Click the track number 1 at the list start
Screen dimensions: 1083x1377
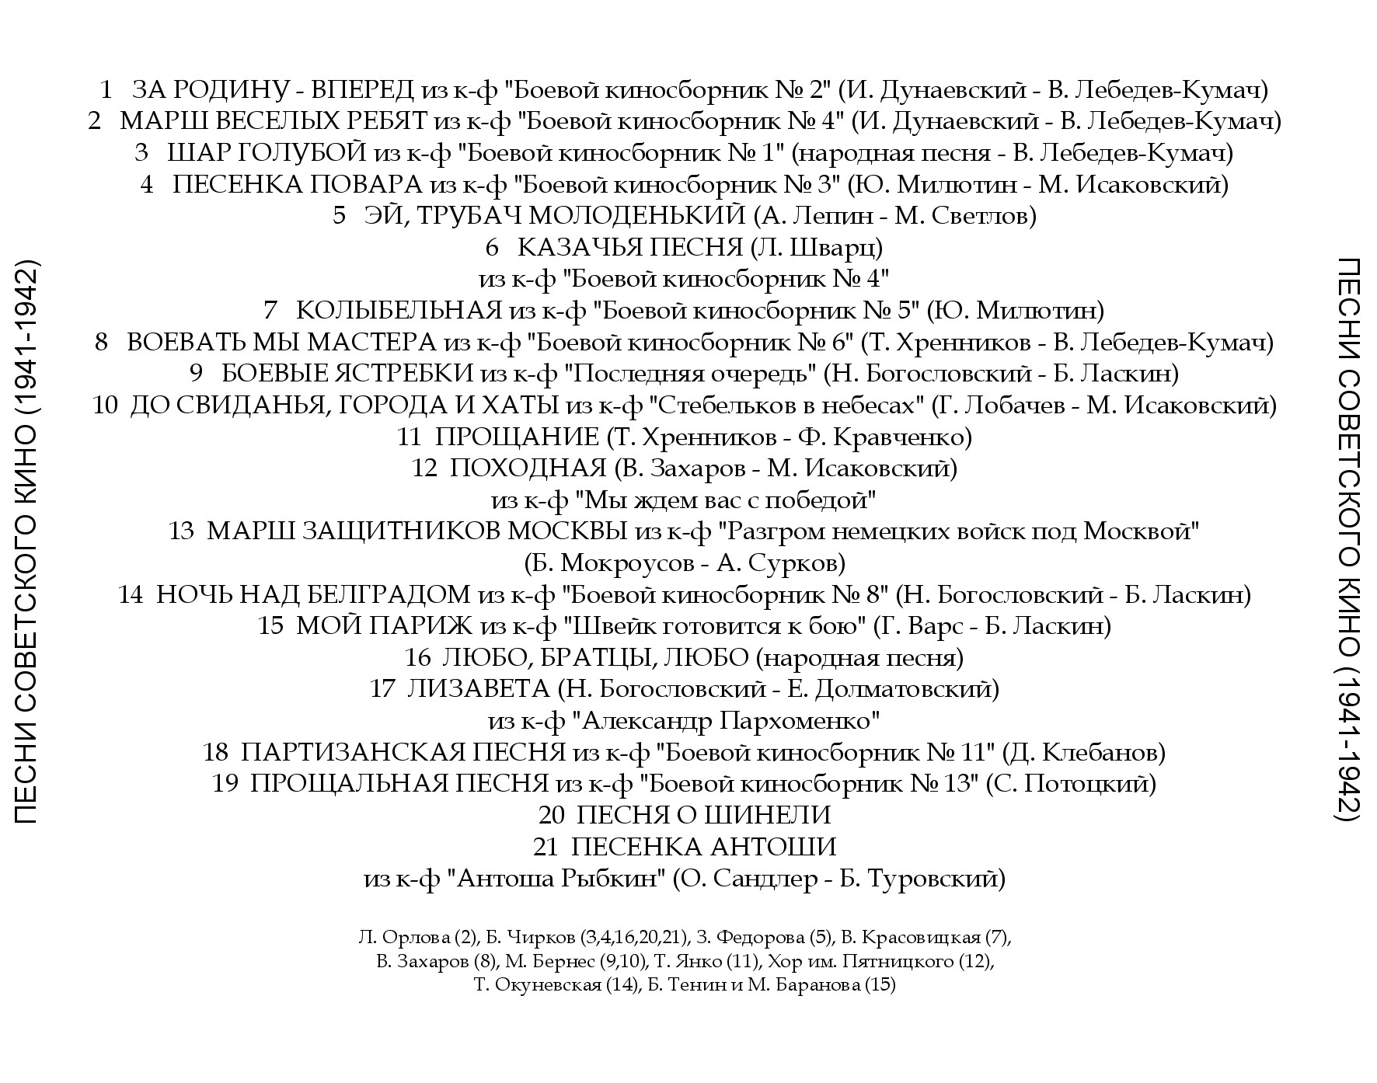(x=106, y=90)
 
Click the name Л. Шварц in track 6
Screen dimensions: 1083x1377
(x=816, y=248)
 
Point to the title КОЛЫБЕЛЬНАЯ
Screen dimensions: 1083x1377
(x=399, y=311)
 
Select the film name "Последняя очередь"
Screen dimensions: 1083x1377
(x=694, y=374)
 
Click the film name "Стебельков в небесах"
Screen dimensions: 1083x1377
(x=788, y=406)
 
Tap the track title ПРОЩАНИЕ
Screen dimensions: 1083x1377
(x=517, y=437)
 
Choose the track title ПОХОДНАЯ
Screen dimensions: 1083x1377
(x=528, y=468)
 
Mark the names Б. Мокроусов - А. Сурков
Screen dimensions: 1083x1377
(x=685, y=562)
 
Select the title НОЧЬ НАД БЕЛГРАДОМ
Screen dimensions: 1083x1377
(x=313, y=595)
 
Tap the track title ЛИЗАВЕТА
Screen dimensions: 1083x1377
(x=478, y=689)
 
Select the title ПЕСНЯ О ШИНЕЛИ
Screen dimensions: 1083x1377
(x=704, y=815)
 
